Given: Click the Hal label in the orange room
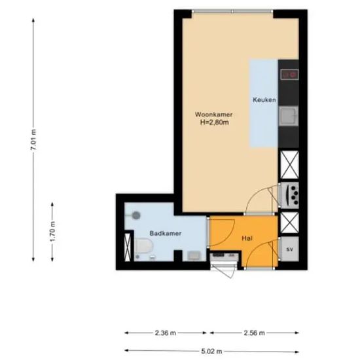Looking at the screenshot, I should [x=247, y=239].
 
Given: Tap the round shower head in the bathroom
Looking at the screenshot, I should [x=135, y=214].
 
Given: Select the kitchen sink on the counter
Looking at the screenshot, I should [x=288, y=117].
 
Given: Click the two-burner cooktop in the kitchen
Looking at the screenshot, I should [x=289, y=74].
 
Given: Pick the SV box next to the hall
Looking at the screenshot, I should [x=289, y=249].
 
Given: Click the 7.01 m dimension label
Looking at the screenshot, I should [x=33, y=140].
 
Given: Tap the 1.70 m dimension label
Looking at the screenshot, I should [x=52, y=232].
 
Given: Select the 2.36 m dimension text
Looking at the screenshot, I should [x=167, y=333].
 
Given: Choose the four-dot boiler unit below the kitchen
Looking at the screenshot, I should [x=289, y=195].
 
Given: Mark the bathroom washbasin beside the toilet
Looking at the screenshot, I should [x=192, y=255].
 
